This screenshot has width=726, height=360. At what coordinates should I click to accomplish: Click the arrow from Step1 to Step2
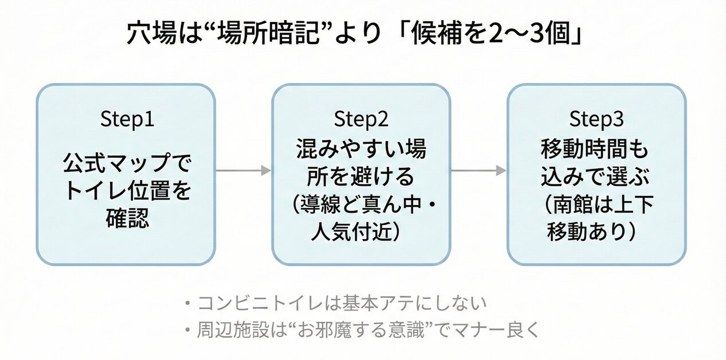pyautogui.click(x=243, y=170)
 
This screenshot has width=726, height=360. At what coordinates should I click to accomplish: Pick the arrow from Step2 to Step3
pyautogui.click(x=478, y=170)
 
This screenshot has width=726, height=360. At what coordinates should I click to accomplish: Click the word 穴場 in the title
pyautogui.click(x=148, y=34)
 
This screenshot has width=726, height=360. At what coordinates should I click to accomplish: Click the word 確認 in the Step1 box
pyautogui.click(x=127, y=218)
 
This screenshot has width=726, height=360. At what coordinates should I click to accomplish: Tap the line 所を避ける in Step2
pyautogui.click(x=361, y=177)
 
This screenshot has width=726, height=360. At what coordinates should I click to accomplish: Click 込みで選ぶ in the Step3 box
pyautogui.click(x=596, y=177)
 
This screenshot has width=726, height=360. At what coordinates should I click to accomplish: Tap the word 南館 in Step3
pyautogui.click(x=568, y=205)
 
